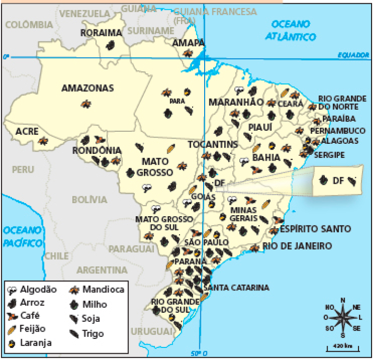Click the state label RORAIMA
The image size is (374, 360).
(101, 33)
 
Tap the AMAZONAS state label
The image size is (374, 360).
(87, 88)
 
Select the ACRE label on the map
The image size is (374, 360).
(27, 131)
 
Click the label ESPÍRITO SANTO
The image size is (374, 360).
(315, 229)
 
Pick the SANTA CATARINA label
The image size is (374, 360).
(236, 288)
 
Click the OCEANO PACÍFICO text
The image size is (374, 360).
(22, 236)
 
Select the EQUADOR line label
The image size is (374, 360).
(353, 55)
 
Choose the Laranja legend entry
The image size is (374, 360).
(31, 343)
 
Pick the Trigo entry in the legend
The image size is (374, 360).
(87, 333)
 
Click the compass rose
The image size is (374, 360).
(343, 317)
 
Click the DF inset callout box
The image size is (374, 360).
(337, 181)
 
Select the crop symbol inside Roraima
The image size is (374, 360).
(111, 45)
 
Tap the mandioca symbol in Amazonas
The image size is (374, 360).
(86, 103)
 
